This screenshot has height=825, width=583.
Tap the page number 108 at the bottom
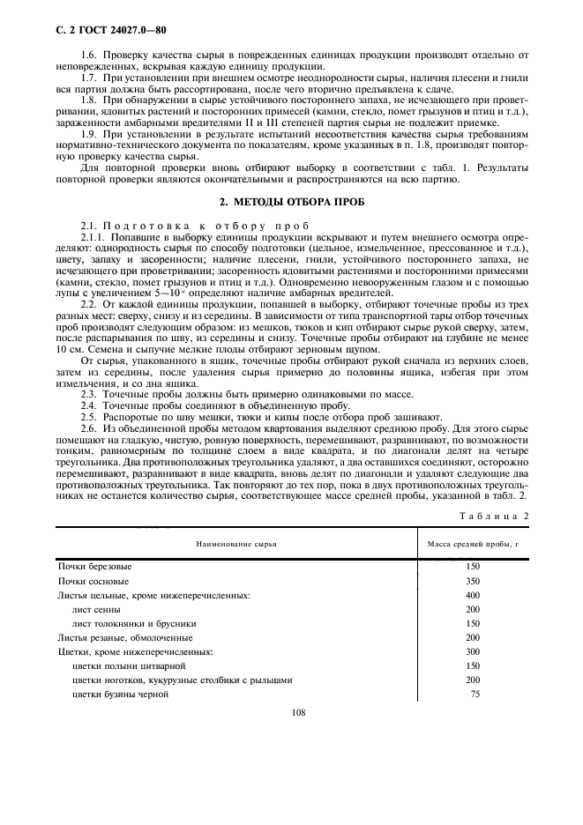(x=297, y=713)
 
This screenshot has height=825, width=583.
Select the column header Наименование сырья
(x=231, y=545)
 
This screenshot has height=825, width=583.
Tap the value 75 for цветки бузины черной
(x=475, y=694)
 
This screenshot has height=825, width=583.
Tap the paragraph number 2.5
(x=86, y=416)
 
